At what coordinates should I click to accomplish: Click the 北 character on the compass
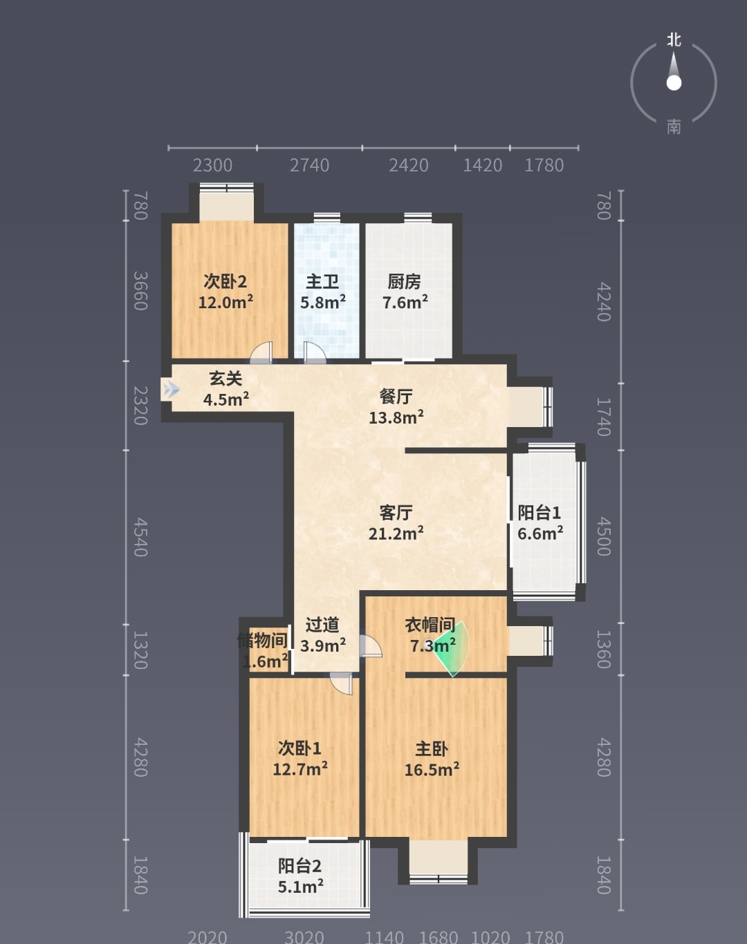coord(674,40)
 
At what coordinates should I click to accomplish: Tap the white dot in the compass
coord(674,82)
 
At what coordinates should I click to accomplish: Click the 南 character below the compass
coord(674,127)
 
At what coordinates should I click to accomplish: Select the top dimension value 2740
coord(309,165)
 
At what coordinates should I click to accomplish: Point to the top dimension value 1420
coord(482,165)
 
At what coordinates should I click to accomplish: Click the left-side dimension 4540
coord(140,537)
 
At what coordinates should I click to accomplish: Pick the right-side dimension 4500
coord(605,536)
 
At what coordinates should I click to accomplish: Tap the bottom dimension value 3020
coord(304,937)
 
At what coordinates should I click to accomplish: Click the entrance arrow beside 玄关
coord(170,389)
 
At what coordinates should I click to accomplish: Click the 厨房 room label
coord(404,282)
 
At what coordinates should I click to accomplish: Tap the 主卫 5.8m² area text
coord(323,302)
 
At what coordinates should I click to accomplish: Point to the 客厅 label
coord(396,512)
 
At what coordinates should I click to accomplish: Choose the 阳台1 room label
coord(539,512)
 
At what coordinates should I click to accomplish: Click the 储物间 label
coord(263,641)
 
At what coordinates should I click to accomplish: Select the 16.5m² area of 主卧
coord(432,769)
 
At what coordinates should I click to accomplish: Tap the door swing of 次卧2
coord(261,353)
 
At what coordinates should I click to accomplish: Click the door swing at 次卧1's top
coord(341,684)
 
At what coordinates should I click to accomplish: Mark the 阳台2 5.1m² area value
coord(300,887)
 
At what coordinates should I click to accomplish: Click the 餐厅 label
coord(396,397)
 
